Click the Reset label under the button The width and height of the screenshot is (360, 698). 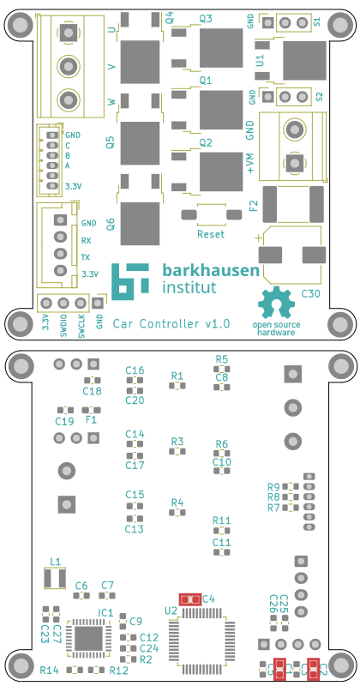pos(211,234)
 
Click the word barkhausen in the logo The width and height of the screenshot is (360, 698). pos(210,270)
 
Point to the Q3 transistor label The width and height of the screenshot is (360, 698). pos(206,18)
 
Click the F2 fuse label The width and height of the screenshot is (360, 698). pos(253,205)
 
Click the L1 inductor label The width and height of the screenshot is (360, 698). pos(55,562)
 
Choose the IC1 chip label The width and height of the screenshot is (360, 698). pos(105,612)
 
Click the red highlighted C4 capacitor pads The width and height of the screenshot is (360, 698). pos(189,599)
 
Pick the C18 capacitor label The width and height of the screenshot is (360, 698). pos(93,391)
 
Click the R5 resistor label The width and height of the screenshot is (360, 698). pos(222,359)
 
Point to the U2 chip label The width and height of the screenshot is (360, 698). pos(171,610)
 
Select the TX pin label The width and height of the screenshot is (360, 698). pos(86,257)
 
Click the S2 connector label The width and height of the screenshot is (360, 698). pos(320,97)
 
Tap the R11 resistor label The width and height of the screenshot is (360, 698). pos(222,520)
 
